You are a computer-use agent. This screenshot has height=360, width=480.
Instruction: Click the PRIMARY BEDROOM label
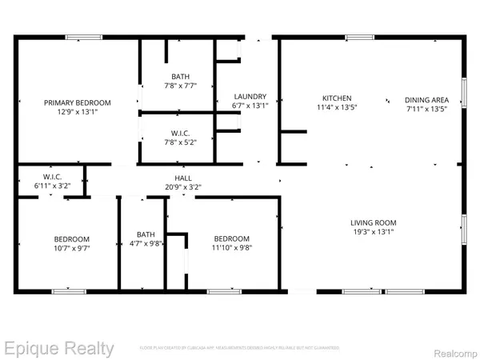tap(78, 102)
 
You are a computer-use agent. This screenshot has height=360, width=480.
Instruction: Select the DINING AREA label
tap(426, 99)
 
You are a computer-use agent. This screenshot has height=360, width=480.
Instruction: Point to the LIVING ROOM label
tap(374, 222)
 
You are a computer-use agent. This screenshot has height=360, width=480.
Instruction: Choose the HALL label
tap(183, 178)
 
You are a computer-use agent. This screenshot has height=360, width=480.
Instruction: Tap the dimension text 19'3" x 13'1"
tap(374, 232)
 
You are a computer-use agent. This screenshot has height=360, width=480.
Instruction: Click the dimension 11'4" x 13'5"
tap(332, 106)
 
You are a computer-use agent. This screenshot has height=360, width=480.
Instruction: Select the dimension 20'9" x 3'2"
tap(183, 187)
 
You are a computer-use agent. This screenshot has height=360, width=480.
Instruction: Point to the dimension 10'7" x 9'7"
tap(72, 248)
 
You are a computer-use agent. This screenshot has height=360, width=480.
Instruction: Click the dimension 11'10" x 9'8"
tap(231, 248)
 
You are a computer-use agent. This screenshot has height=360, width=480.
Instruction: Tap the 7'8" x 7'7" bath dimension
tap(180, 86)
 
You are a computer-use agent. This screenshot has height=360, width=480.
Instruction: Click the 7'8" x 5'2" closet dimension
tap(180, 142)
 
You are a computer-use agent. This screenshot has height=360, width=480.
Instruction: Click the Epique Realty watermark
tap(59, 348)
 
